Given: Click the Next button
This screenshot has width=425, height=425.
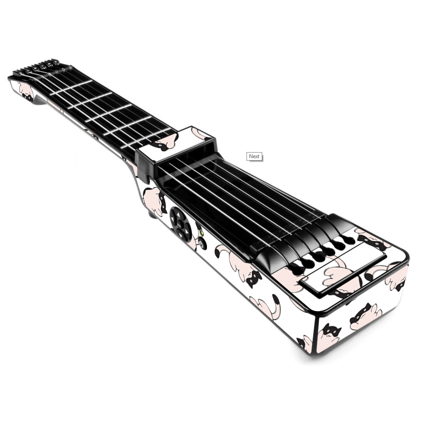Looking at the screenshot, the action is tap(254, 156).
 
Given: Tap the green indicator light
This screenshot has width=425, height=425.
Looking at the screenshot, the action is tap(201, 233).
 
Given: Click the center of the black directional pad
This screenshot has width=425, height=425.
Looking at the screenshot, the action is tap(181, 224).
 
